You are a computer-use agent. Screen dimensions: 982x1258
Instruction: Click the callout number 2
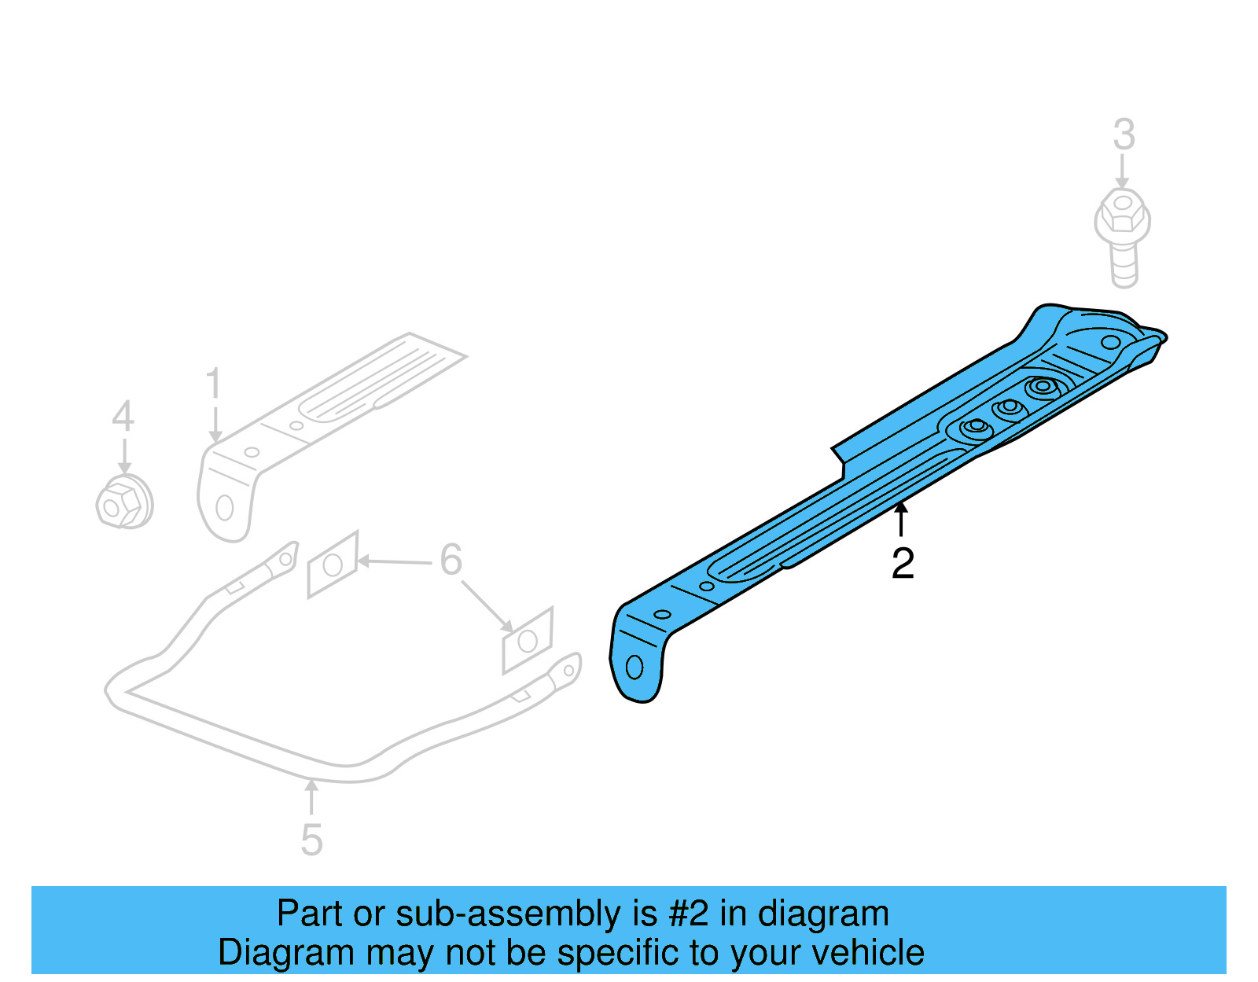pos(903,564)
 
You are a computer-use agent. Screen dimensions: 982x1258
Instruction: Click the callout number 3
pos(1124,134)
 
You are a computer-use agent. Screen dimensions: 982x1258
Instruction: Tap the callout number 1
pos(213,384)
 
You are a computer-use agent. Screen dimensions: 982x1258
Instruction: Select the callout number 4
pos(123,417)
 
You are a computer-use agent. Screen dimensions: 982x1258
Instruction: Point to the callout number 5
pos(311,840)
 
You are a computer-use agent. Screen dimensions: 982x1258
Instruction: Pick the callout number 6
pos(451,560)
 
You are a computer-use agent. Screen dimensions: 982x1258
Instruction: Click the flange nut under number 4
pos(123,504)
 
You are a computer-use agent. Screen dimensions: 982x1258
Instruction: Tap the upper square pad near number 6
pos(333,565)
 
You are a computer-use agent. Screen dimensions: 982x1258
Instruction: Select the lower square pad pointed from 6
pos(528,641)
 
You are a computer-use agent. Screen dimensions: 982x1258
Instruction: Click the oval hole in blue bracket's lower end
pos(635,668)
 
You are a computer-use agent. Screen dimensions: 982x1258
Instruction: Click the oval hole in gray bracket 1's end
pos(224,508)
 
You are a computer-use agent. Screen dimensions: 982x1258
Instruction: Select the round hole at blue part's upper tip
pos(1110,342)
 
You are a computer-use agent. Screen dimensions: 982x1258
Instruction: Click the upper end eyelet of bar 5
pos(286,559)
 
